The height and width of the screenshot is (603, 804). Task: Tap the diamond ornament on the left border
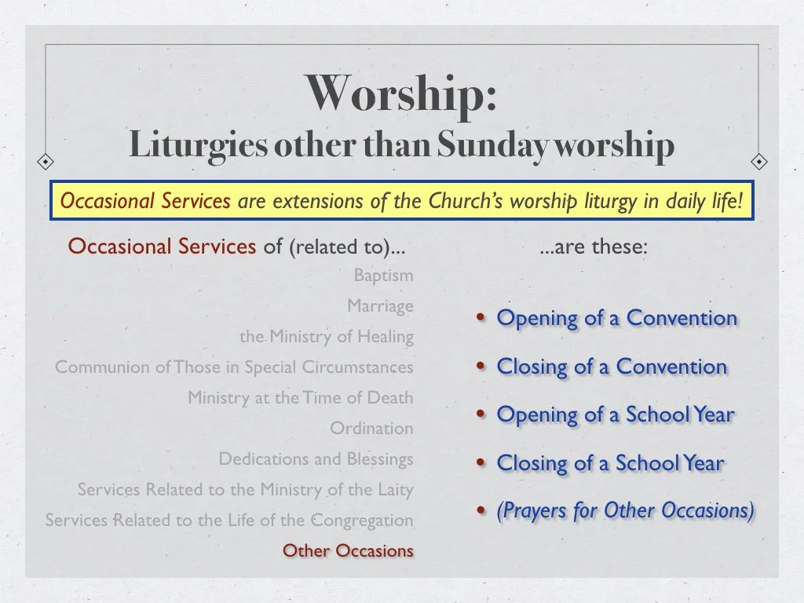tap(46, 161)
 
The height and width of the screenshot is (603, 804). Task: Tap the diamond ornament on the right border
tap(759, 161)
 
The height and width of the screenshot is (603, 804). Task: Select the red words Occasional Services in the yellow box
tap(145, 201)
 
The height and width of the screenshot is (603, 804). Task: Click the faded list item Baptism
tap(383, 276)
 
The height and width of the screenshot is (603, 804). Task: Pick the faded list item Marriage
tap(380, 306)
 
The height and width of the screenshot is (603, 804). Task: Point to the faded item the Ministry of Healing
tap(327, 337)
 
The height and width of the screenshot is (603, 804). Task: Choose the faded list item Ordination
tap(371, 429)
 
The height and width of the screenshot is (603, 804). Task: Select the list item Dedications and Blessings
tap(316, 459)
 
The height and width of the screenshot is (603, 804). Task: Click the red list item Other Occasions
tap(348, 550)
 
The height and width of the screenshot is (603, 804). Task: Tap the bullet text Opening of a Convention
tap(617, 318)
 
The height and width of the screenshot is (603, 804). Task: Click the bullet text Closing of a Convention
tap(612, 367)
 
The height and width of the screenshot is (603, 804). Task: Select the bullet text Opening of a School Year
tap(616, 415)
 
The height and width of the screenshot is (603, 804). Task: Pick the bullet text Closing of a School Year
tap(610, 463)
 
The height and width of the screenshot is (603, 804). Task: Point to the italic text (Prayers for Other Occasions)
tap(625, 510)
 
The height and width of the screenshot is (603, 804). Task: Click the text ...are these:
tap(594, 247)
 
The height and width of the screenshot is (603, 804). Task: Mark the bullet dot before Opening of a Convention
tap(481, 319)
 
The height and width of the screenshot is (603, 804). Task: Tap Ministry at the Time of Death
tap(300, 398)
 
